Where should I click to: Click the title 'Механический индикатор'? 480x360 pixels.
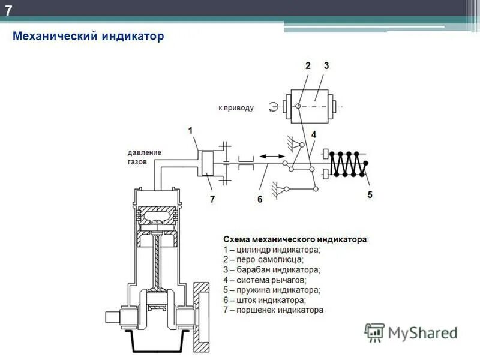coord(88,37)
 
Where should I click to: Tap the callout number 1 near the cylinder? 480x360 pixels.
coord(190,130)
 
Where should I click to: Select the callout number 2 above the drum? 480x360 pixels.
coord(308,66)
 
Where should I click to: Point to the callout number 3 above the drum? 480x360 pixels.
coord(326,66)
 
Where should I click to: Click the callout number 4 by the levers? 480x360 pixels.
coord(313,135)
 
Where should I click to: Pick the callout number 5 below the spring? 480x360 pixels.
coord(370,194)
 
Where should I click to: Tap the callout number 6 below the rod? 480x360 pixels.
coord(260,199)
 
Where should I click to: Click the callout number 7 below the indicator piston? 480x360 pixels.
coord(212,199)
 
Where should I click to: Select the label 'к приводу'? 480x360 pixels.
coord(236,108)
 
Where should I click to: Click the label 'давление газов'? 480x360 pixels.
coord(144,157)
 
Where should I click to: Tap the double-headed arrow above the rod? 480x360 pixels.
coord(272,155)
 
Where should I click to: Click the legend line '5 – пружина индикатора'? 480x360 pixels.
coord(272,290)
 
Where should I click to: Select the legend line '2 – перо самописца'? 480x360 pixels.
coord(263,259)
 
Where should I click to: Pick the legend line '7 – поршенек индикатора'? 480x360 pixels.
coord(273,310)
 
